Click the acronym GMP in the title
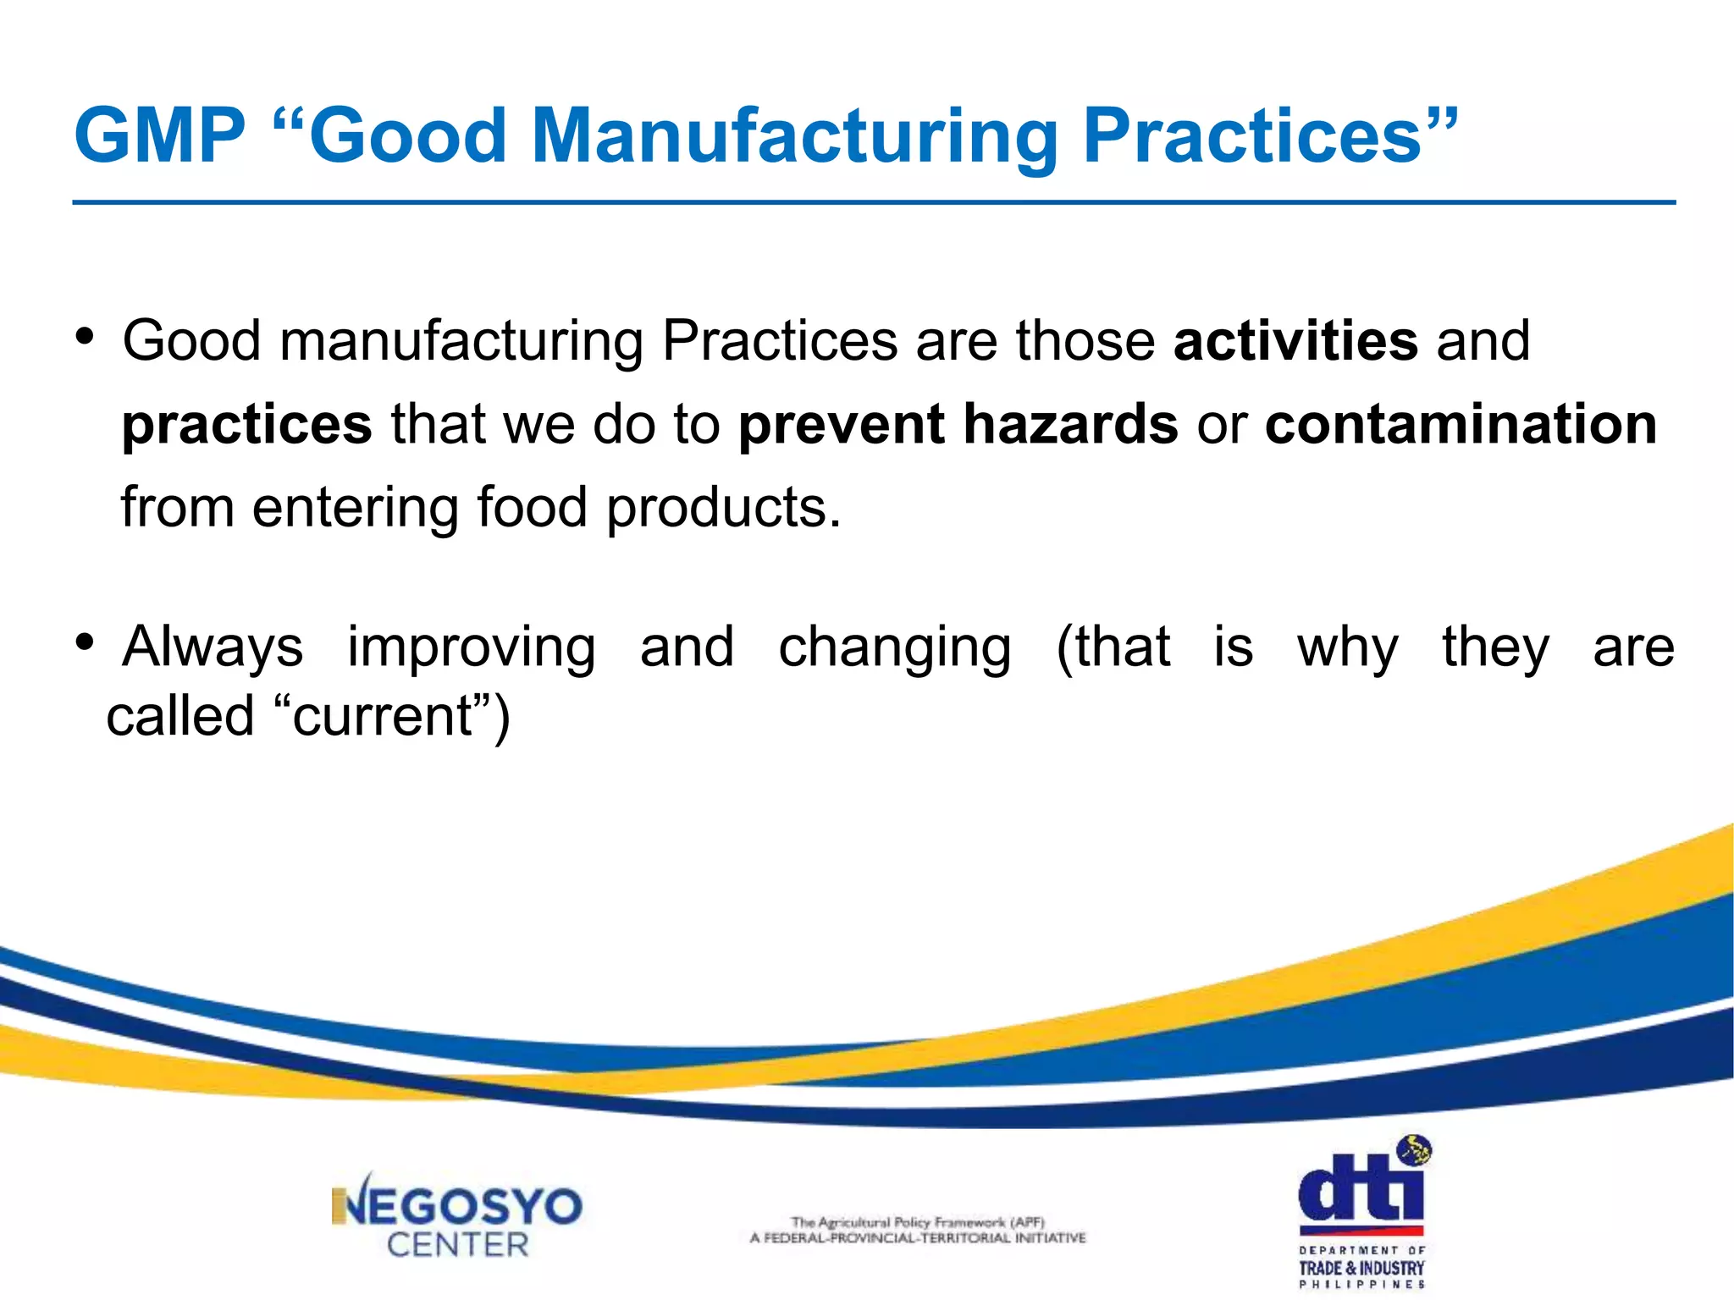(159, 136)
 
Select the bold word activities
(1295, 341)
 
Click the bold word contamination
(1461, 424)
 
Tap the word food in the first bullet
(532, 507)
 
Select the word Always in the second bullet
(213, 647)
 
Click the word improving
(472, 647)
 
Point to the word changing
(895, 647)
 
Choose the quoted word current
(382, 717)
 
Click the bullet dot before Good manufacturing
(85, 338)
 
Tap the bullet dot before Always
(85, 643)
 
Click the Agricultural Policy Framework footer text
(918, 1230)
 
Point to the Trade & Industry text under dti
(1361, 1268)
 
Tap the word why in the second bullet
(1347, 647)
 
